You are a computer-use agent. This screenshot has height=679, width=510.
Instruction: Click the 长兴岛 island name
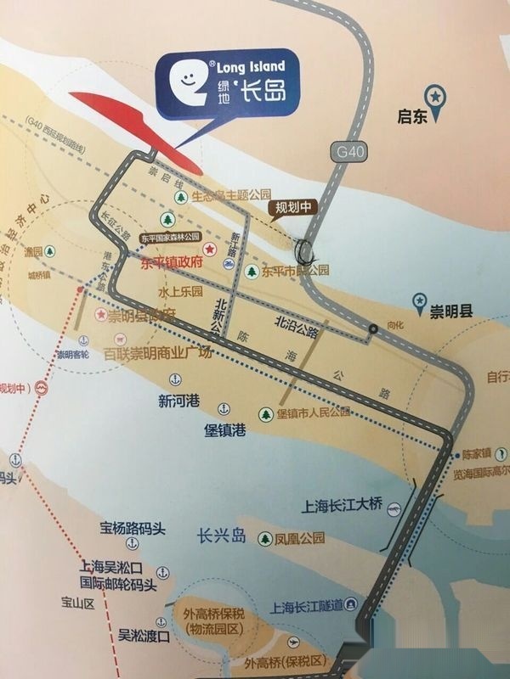coord(221,537)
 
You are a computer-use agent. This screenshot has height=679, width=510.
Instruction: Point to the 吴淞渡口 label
coord(144,634)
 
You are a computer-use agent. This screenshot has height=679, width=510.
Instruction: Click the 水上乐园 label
coord(179,291)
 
